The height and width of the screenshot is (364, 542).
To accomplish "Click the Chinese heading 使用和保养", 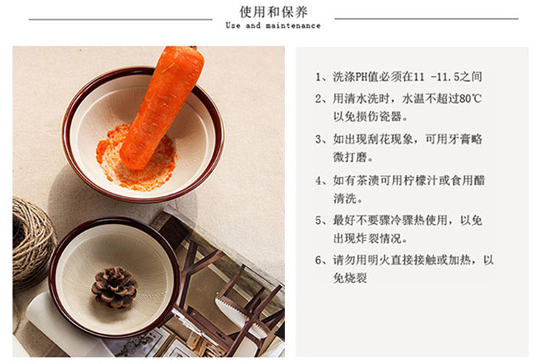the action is (273, 12).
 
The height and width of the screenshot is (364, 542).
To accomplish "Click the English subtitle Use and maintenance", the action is (273, 25).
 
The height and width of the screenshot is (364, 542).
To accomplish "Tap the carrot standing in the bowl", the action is (162, 106).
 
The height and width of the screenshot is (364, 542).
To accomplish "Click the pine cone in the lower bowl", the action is (114, 287).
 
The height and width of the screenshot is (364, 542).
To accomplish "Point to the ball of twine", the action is (32, 242).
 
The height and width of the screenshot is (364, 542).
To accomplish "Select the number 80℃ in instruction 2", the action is (470, 99).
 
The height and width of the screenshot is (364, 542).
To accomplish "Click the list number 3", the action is (318, 139).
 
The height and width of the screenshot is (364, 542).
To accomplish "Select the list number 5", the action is (318, 220).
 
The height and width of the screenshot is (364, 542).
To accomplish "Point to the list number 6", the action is (318, 260).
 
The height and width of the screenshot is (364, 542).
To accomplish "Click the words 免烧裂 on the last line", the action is (350, 277).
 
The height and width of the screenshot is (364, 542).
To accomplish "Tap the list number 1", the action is (318, 77).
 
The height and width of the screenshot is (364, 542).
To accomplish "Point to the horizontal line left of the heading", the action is (121, 19).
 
